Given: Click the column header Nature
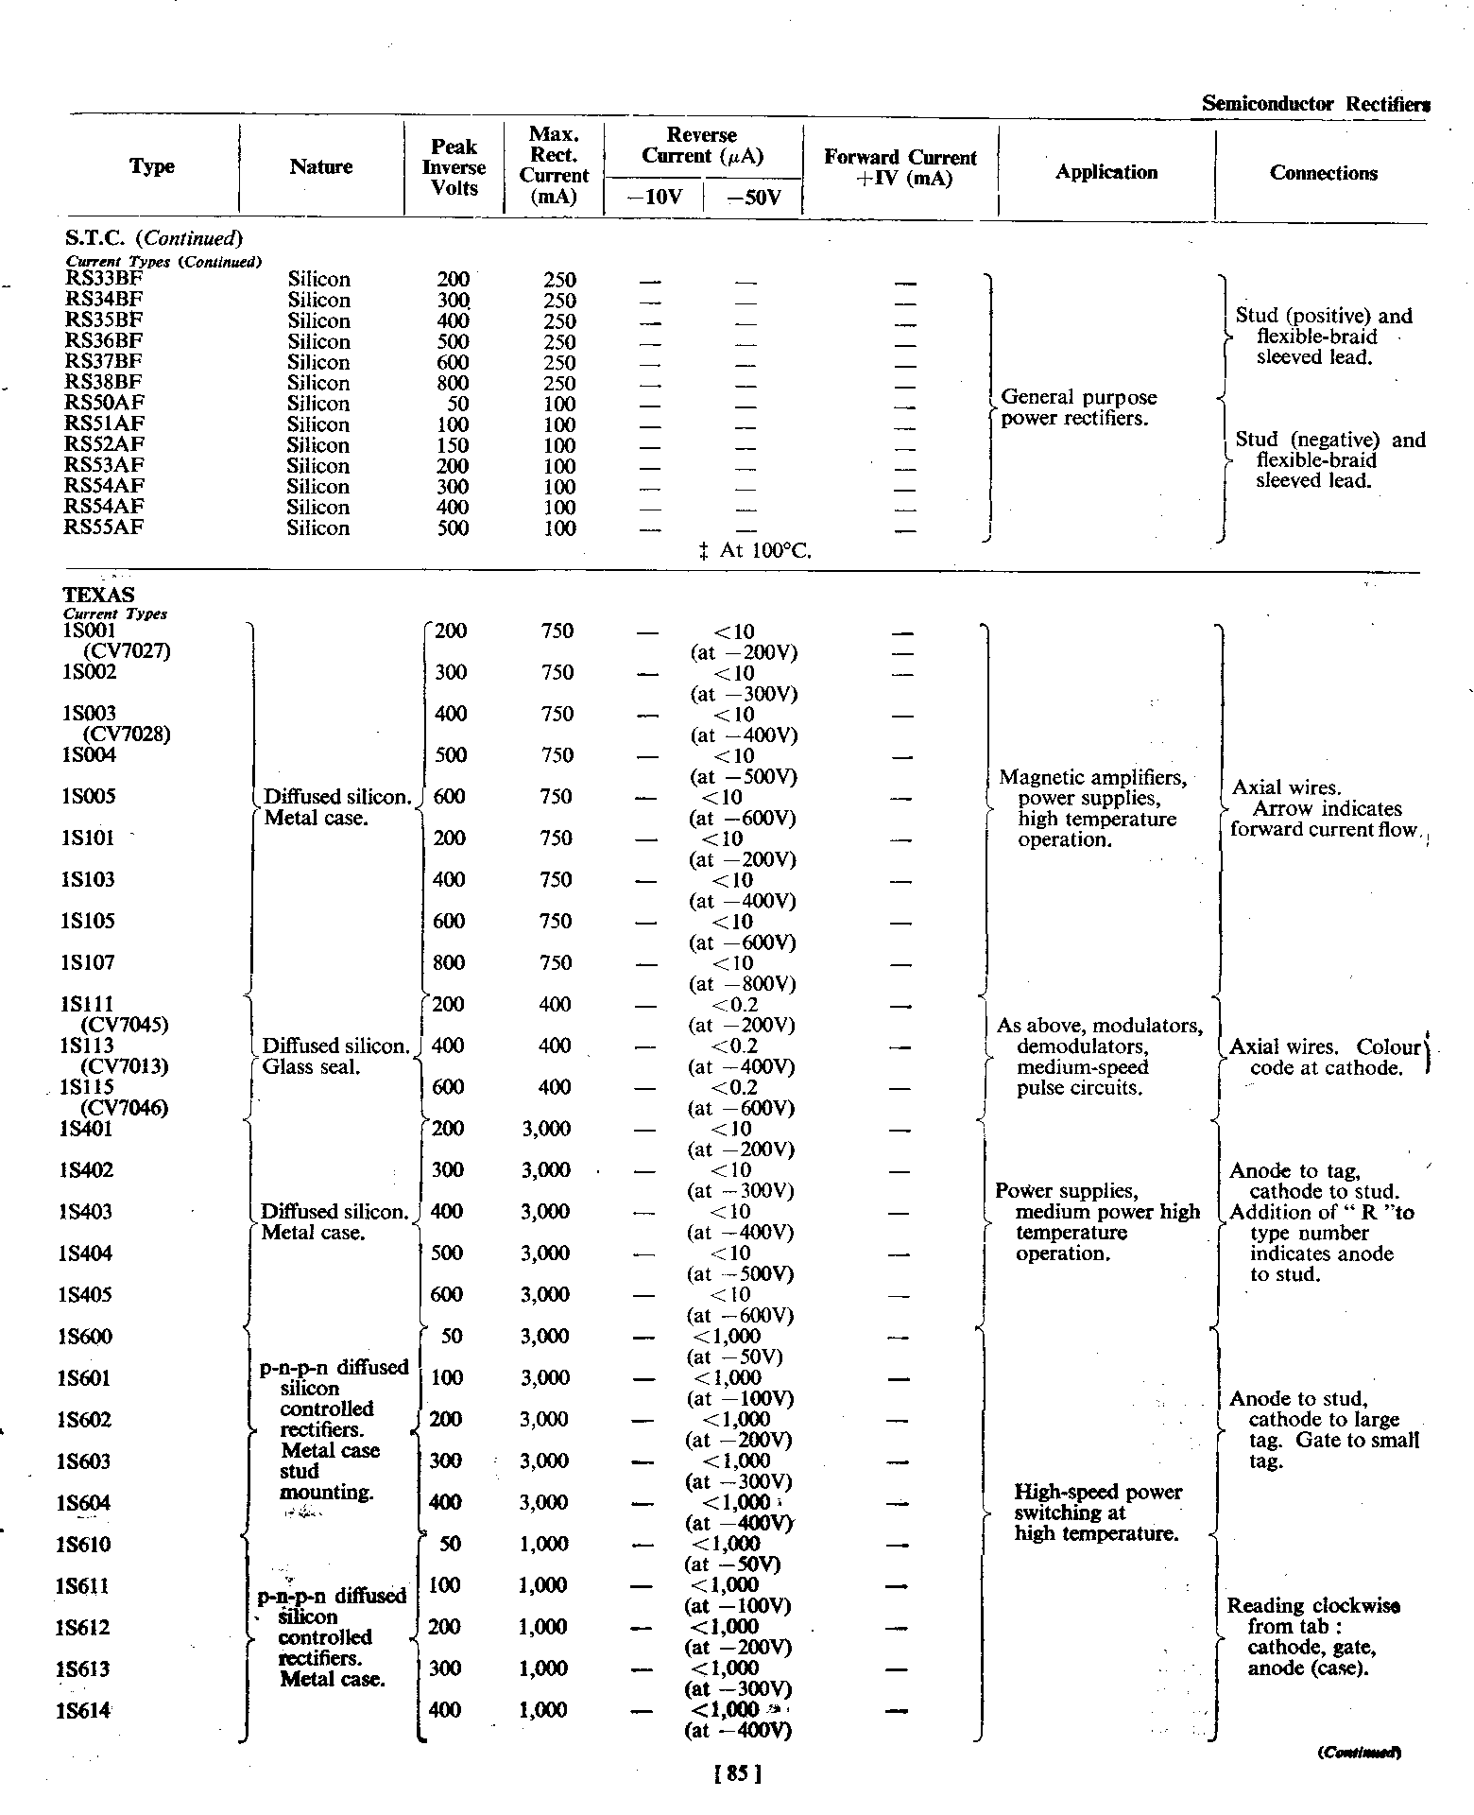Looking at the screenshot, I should coord(321,167).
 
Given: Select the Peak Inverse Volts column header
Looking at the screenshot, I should coord(454,167).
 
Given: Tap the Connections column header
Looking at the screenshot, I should coord(1323,173).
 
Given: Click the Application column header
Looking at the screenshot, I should coord(1106,172).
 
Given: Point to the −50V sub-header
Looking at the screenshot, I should coord(755,199).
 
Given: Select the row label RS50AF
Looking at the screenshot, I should coord(103,404).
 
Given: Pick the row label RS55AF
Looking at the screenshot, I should coord(103,527).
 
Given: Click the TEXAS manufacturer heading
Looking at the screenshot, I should coord(98,595).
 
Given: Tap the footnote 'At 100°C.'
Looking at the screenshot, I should coord(757,550).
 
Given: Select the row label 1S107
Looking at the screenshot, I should coord(87,963).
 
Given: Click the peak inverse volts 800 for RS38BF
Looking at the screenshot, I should coord(454,383).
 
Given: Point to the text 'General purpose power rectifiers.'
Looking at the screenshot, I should coord(1077,407).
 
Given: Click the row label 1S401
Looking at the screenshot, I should coord(87,1129).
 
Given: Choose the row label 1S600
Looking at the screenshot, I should coord(87,1337).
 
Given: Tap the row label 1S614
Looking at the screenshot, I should coord(85,1710).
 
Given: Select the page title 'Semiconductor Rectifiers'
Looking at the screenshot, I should coord(1314,104).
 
